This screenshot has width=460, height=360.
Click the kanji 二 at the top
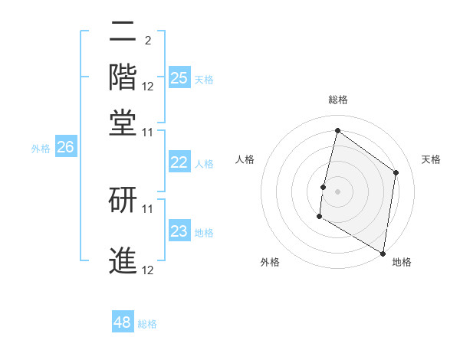[123, 33]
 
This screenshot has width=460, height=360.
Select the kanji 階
[123, 77]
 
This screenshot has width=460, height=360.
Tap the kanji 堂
[123, 122]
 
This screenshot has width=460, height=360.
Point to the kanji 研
[123, 198]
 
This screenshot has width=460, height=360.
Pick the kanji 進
[123, 260]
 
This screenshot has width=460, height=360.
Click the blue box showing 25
[179, 77]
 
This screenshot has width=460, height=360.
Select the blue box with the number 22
[179, 162]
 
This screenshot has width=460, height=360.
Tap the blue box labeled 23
[179, 231]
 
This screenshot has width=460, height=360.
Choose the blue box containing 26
[65, 147]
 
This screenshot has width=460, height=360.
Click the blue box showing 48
[123, 322]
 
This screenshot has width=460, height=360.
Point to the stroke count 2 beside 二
[147, 41]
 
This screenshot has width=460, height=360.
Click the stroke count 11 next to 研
[148, 208]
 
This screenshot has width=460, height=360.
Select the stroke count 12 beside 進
[148, 270]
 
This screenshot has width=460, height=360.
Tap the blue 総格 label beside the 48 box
[147, 324]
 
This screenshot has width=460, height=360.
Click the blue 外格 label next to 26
[41, 149]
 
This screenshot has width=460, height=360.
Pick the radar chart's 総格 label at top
[337, 100]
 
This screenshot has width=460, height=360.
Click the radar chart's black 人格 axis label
[245, 159]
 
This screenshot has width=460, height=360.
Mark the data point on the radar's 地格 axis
[383, 253]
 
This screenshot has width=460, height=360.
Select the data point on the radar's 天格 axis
[396, 172]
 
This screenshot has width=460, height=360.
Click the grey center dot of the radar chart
[337, 191]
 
